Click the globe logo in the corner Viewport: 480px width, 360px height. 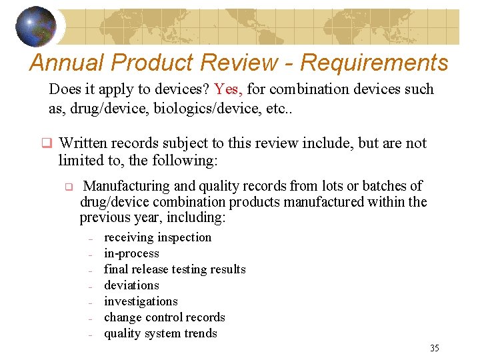[36, 27]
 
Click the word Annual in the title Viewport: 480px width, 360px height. [67, 63]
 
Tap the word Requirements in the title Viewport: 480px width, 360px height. [374, 63]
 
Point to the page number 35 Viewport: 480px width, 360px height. [435, 348]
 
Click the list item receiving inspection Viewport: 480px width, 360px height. [157, 237]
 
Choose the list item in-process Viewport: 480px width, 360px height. [131, 253]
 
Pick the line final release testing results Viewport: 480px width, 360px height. [175, 269]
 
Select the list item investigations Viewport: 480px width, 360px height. [141, 301]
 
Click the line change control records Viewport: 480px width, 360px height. [164, 317]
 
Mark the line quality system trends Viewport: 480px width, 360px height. [160, 333]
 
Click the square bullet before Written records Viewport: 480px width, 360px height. [47, 143]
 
